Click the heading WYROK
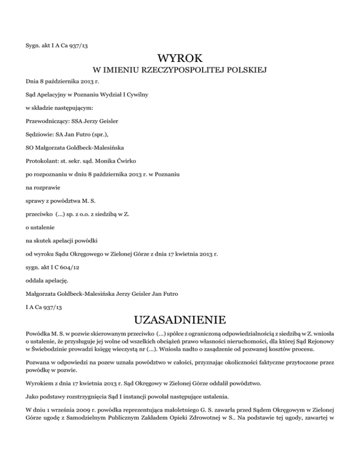coord(180,59)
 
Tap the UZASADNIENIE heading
coord(180,321)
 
